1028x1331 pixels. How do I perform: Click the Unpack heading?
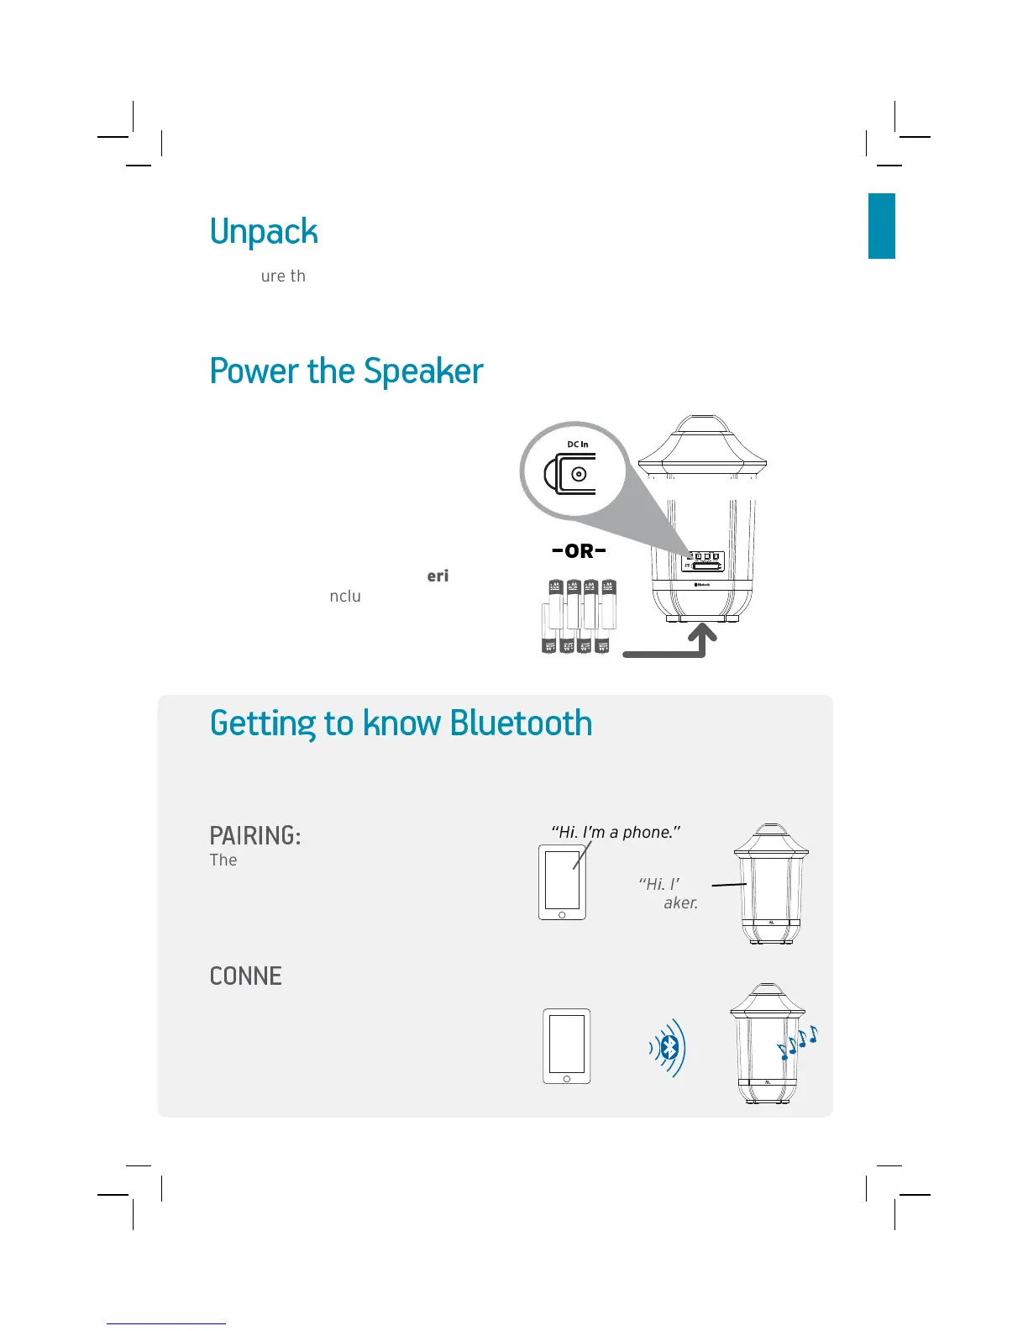(264, 232)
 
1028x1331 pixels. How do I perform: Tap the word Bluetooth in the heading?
(521, 723)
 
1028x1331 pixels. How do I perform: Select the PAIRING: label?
(254, 835)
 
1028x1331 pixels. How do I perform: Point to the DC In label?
(578, 445)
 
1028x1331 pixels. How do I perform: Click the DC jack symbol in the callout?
(574, 474)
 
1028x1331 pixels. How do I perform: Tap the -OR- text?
(579, 551)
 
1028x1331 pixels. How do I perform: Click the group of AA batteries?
(579, 616)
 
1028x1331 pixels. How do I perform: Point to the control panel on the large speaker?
(705, 561)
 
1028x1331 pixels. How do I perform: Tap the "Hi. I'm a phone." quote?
(616, 832)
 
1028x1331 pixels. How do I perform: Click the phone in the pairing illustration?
(562, 881)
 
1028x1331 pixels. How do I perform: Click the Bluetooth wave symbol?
(669, 1047)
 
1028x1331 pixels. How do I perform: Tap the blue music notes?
(797, 1043)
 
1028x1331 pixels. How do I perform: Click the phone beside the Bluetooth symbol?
(566, 1046)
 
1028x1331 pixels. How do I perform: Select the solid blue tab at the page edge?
(881, 225)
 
